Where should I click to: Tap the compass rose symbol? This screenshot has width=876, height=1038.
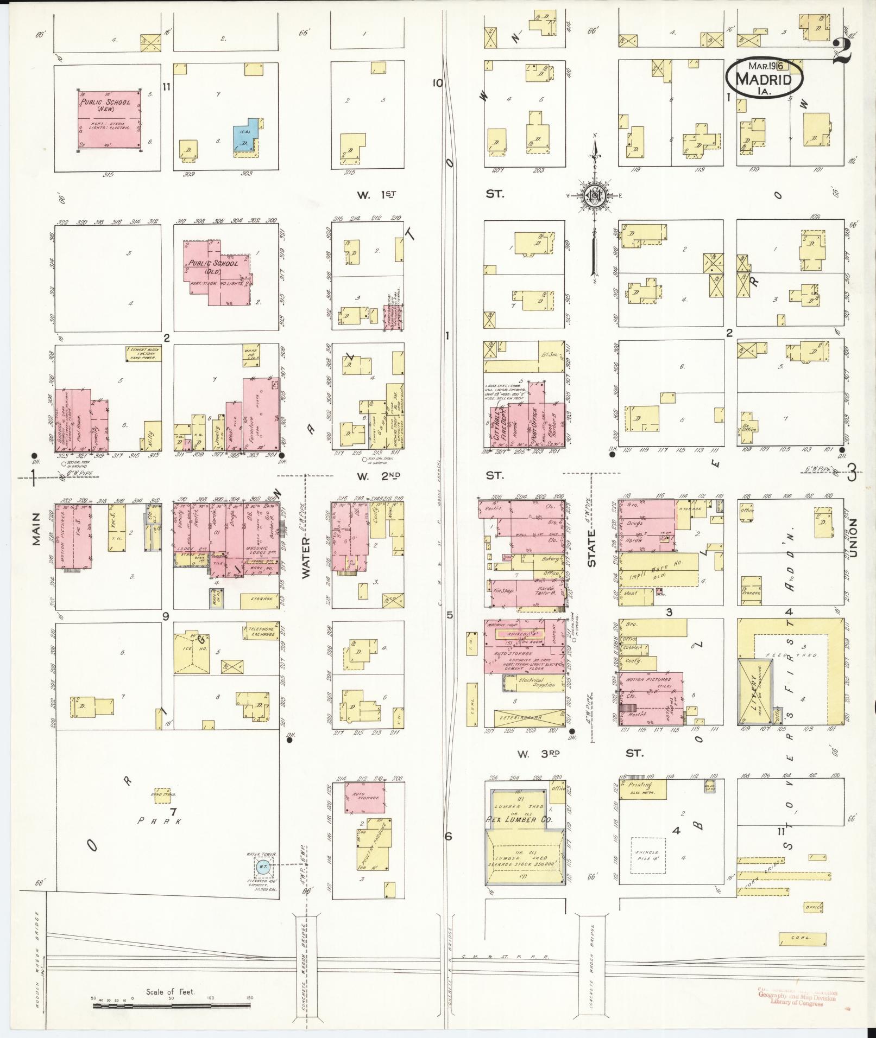tap(595, 196)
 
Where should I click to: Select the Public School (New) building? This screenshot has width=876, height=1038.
tap(109, 119)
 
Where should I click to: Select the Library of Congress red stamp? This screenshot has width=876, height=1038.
tap(797, 997)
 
